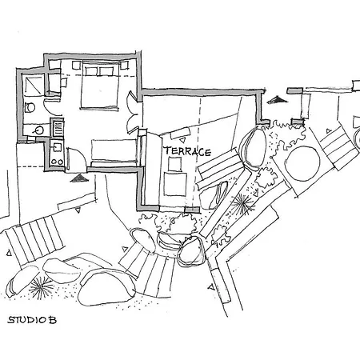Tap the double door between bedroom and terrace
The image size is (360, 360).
[x=141, y=108]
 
